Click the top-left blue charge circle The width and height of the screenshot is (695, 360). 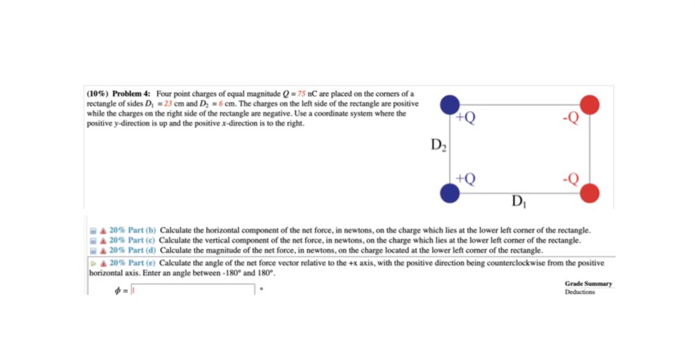pyautogui.click(x=449, y=104)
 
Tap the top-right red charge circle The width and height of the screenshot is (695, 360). pyautogui.click(x=589, y=104)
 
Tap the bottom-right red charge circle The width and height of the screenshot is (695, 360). pyautogui.click(x=589, y=193)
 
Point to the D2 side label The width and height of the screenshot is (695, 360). pyautogui.click(x=438, y=145)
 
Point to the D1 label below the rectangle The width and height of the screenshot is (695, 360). pyautogui.click(x=519, y=201)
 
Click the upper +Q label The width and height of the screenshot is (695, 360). pyautogui.click(x=466, y=118)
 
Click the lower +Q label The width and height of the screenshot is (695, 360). pyautogui.click(x=466, y=179)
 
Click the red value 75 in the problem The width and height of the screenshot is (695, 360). pyautogui.click(x=301, y=94)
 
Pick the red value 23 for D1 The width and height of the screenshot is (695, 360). pyautogui.click(x=168, y=104)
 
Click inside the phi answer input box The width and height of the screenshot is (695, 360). pyautogui.click(x=193, y=290)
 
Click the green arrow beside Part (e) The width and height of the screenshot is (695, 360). pyautogui.click(x=93, y=263)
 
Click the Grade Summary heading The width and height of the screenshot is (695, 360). pyautogui.click(x=588, y=283)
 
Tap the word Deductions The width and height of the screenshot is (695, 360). pyautogui.click(x=580, y=292)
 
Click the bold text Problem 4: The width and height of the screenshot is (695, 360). pyautogui.click(x=131, y=94)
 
